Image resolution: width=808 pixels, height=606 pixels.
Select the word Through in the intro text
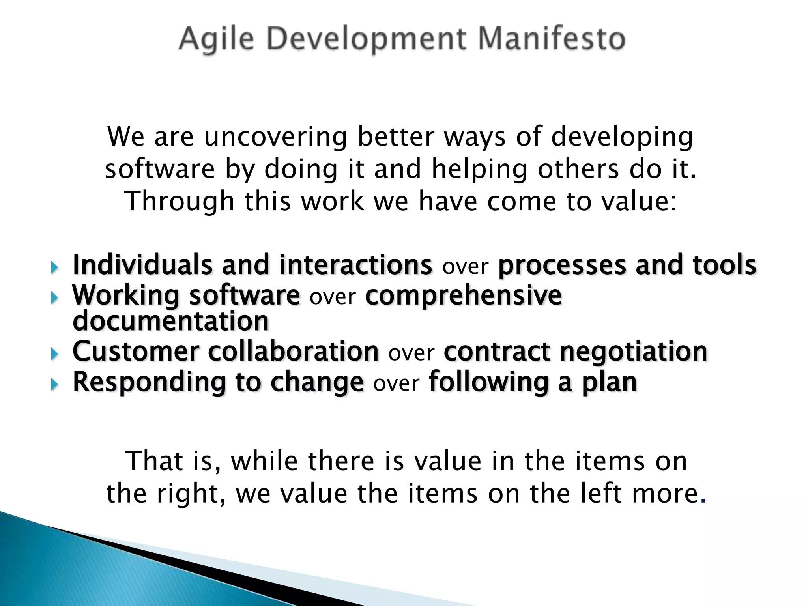click(x=180, y=201)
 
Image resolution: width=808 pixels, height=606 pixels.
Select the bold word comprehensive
click(x=463, y=296)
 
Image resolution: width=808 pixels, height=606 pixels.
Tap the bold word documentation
click(x=171, y=321)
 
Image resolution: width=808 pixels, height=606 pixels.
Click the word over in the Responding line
click(x=396, y=384)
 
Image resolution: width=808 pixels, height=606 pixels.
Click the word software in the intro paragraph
click(x=160, y=170)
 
